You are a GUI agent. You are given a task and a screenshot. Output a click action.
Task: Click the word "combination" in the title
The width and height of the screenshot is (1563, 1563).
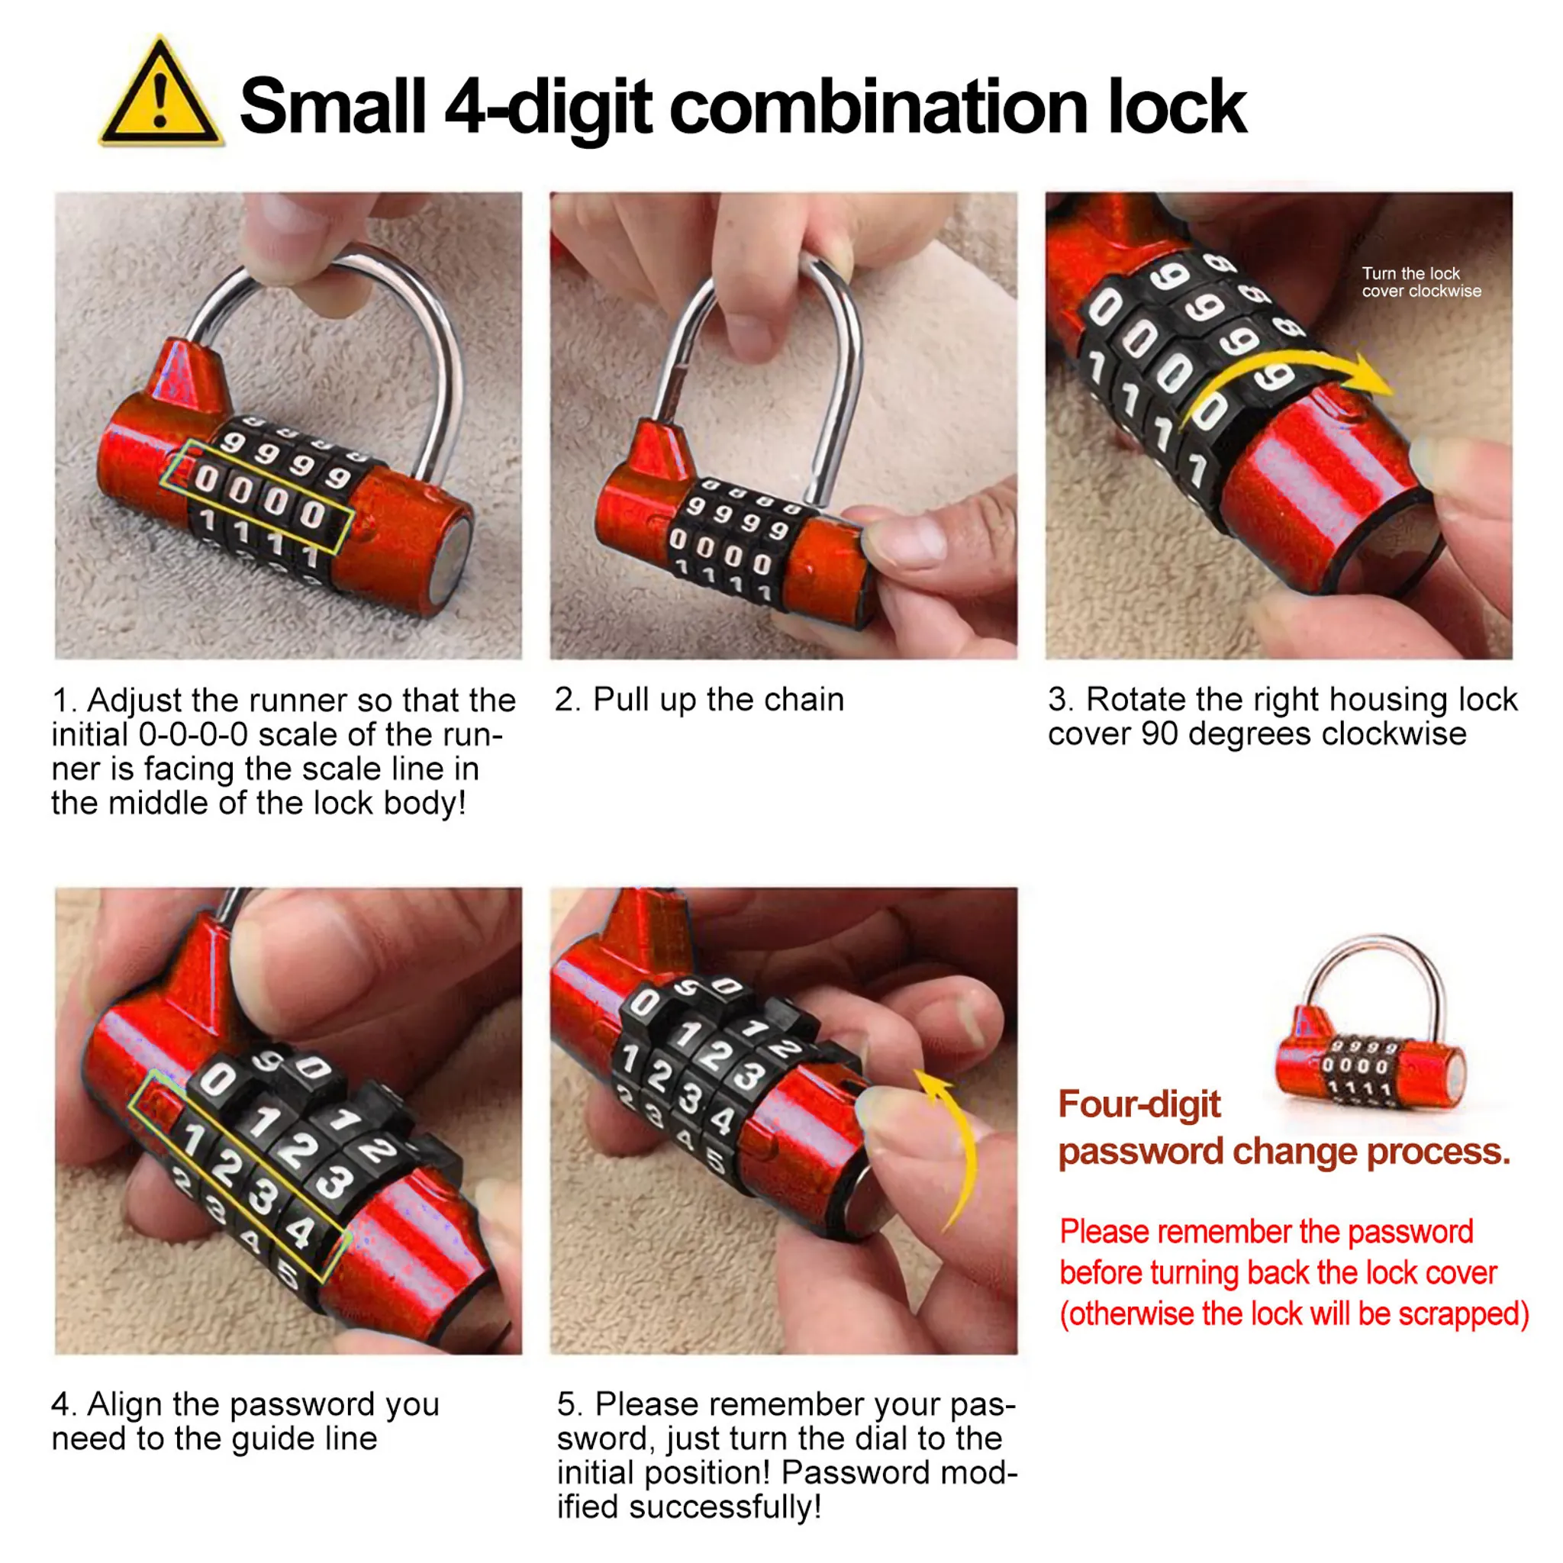click(x=881, y=106)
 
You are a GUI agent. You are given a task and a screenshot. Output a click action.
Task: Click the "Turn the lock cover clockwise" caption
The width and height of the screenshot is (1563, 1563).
click(x=1421, y=282)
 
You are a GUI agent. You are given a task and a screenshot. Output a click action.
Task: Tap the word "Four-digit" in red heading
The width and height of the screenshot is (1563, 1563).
click(x=1139, y=1104)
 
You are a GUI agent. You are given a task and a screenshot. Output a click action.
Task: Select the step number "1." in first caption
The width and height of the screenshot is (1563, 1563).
click(x=65, y=701)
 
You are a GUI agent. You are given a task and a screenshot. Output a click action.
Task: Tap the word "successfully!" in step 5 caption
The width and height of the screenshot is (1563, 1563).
click(x=725, y=1507)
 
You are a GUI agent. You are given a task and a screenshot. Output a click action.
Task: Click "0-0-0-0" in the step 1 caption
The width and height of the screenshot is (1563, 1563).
click(x=193, y=736)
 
